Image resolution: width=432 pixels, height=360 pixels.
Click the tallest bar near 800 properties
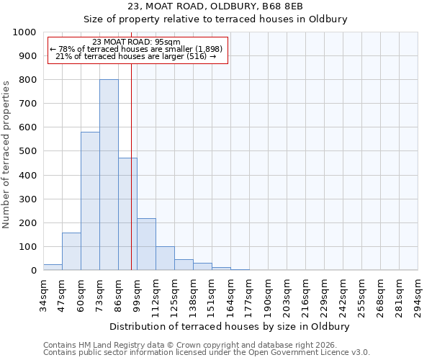(109, 175)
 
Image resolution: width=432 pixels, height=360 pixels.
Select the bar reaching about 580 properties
(90, 201)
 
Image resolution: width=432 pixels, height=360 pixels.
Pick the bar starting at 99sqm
(146, 244)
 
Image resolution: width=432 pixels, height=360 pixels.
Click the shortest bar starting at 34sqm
(53, 267)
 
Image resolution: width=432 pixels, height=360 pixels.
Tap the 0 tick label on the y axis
(33, 270)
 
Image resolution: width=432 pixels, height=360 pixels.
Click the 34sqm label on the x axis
(44, 295)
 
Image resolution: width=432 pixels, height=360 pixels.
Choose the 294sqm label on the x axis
(418, 295)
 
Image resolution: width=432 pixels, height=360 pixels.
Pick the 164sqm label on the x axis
(231, 295)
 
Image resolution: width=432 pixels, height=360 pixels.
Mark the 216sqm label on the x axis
(306, 295)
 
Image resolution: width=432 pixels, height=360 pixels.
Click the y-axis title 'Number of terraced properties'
(6, 154)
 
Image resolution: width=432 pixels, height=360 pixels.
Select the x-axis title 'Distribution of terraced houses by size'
(230, 326)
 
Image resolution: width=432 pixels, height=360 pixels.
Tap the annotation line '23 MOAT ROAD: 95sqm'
(137, 42)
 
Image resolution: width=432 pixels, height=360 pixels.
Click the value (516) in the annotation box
(197, 56)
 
